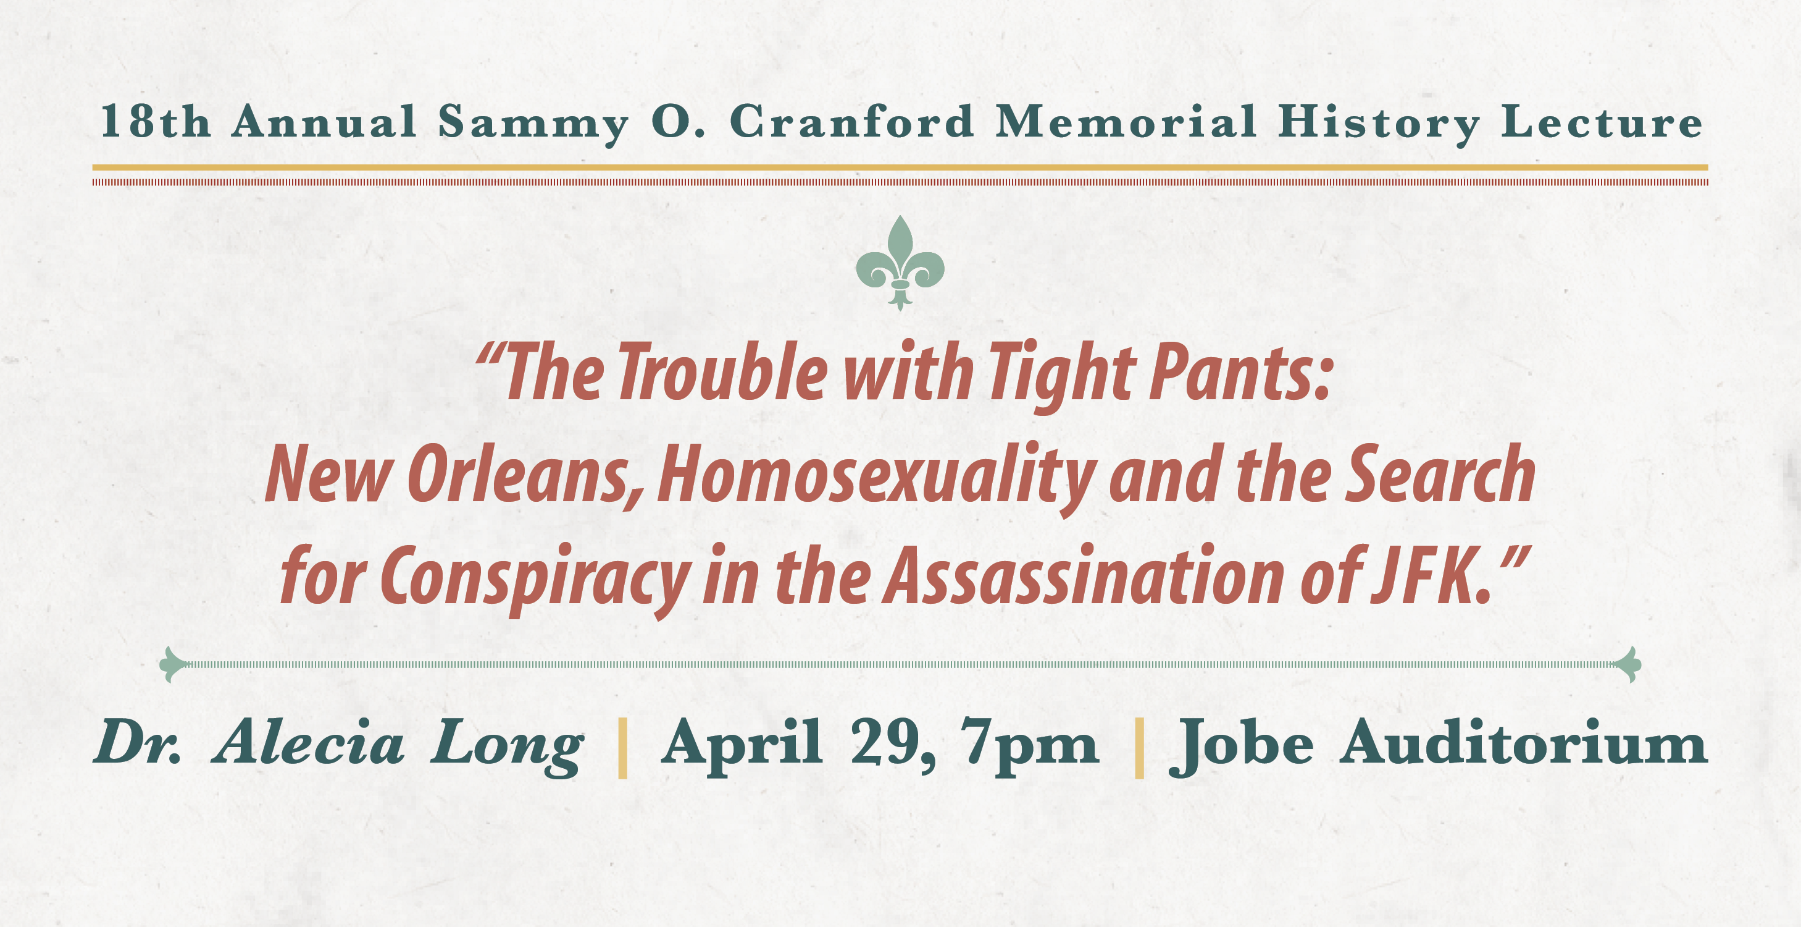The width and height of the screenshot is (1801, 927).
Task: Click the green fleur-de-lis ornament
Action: point(900,263)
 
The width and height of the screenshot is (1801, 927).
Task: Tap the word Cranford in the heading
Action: point(851,122)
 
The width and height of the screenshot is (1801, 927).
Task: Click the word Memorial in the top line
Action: point(1126,122)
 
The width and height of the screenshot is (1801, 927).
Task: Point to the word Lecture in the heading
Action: point(1602,122)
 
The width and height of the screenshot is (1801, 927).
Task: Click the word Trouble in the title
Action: point(723,373)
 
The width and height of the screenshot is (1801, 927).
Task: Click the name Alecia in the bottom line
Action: point(309,742)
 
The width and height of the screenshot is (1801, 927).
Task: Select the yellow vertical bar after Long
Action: point(623,748)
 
